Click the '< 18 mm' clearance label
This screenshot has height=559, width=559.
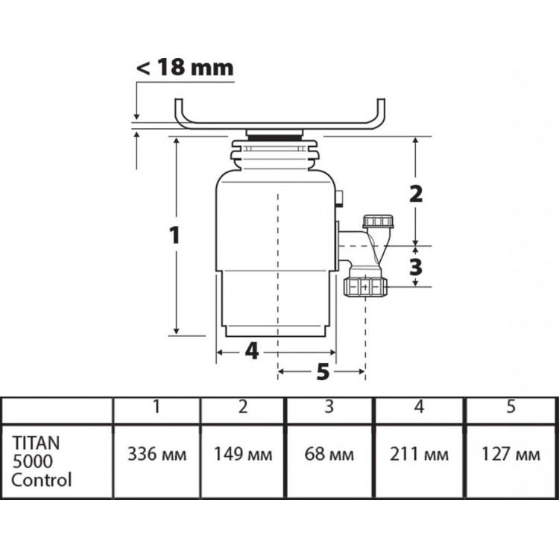pyautogui.click(x=185, y=67)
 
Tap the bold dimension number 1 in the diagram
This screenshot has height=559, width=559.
pyautogui.click(x=174, y=236)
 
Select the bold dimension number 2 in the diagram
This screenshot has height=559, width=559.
pyautogui.click(x=416, y=194)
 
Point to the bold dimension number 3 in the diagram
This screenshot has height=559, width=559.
pyautogui.click(x=416, y=267)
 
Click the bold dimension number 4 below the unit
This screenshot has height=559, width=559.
pyautogui.click(x=252, y=352)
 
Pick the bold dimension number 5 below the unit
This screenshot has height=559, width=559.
pyautogui.click(x=323, y=372)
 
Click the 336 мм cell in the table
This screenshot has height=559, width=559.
pyautogui.click(x=157, y=454)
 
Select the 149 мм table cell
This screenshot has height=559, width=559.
pyautogui.click(x=243, y=454)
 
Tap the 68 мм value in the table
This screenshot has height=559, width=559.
pyautogui.click(x=329, y=454)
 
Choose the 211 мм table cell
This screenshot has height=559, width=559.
pyautogui.click(x=419, y=454)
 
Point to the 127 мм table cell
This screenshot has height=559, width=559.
pyautogui.click(x=511, y=454)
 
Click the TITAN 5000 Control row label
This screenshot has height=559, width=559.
pyautogui.click(x=41, y=461)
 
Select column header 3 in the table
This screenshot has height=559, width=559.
pyautogui.click(x=329, y=406)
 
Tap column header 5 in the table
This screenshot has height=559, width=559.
pyautogui.click(x=511, y=406)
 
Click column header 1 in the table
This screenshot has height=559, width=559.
pyautogui.click(x=157, y=406)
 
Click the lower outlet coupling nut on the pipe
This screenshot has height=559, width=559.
pyautogui.click(x=365, y=287)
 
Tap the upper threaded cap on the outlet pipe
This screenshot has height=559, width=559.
pyautogui.click(x=378, y=221)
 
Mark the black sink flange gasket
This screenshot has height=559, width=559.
pyautogui.click(x=274, y=138)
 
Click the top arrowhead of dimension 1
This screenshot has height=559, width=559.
pyautogui.click(x=176, y=140)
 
